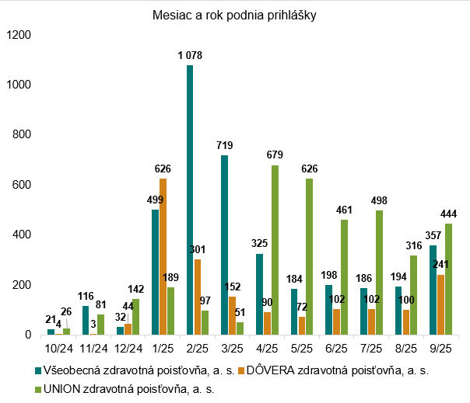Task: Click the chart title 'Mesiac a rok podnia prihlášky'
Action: pos(234,15)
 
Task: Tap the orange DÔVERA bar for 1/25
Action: pos(163,256)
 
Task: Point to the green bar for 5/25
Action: pos(309,256)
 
